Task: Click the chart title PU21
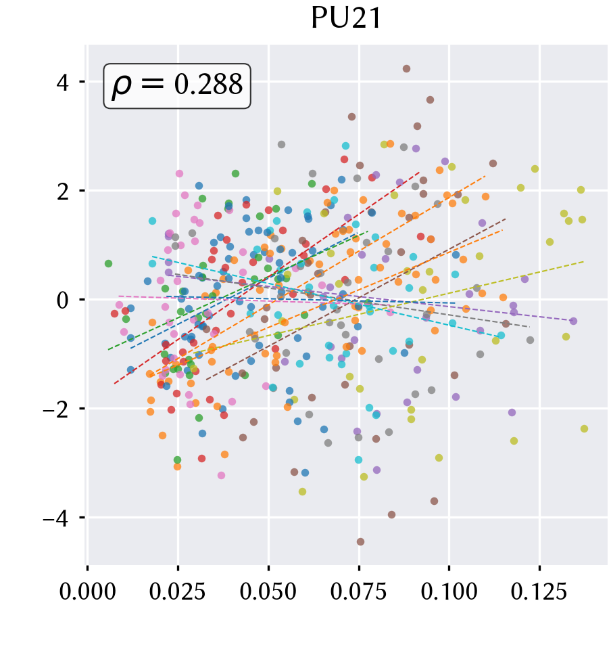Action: tap(346, 18)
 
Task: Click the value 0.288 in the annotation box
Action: tap(208, 85)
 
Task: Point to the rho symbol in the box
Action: tap(122, 87)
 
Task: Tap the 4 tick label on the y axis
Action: tap(63, 83)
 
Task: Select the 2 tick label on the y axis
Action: tap(63, 192)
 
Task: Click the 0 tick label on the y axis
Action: tap(63, 300)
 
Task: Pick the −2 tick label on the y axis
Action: tap(56, 409)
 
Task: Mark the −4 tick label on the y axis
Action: tap(56, 518)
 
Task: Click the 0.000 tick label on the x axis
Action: tap(87, 592)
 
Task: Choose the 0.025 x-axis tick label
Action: tap(178, 592)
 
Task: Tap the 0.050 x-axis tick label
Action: tap(268, 592)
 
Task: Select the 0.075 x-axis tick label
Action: tap(359, 592)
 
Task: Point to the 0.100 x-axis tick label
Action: tap(449, 592)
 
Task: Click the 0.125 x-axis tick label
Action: tap(539, 592)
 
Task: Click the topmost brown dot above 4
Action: tap(407, 68)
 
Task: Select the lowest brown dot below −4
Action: tap(360, 542)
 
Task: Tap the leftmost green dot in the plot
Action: tap(108, 264)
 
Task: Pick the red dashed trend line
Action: tap(267, 277)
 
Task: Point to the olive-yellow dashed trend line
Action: tap(389, 307)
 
